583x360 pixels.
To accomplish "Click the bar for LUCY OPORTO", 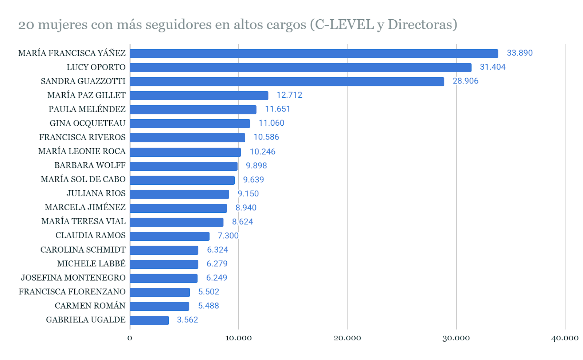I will pos(300,67).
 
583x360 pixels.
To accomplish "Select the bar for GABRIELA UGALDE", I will pos(149,320).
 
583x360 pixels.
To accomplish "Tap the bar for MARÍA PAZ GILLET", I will pos(199,95).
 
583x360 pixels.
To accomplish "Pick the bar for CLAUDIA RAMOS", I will pos(169,236).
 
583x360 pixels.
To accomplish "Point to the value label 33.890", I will pos(520,53).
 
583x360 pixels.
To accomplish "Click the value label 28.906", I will pos(465,81).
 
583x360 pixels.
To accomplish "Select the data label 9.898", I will pos(256,166).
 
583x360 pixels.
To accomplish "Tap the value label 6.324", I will pos(218,250).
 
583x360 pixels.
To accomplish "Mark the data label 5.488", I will pos(208,306).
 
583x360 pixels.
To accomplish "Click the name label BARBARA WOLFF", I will pos(90,165).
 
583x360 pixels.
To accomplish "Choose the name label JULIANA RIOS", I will pos(96,193).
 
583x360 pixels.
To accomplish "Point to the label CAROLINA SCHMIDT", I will pos(83,250).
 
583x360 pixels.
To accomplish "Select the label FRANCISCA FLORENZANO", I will pos(72,292).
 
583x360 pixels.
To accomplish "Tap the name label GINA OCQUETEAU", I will pos(87,124).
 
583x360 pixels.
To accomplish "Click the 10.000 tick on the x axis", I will pos(238,338).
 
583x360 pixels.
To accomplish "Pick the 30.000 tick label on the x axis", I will pos(456,338).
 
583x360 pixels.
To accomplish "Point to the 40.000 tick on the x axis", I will pos(564,338).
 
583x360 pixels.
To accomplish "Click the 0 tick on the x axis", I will pos(130,338).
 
